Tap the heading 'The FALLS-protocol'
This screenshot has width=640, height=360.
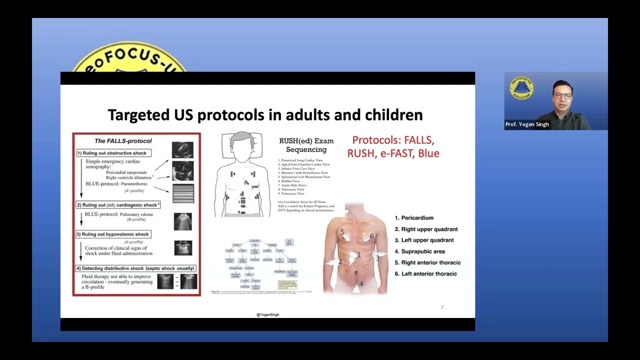pos(123,141)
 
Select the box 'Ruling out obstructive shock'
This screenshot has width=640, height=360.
pos(114,153)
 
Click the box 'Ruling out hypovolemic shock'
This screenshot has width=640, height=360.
pos(113,234)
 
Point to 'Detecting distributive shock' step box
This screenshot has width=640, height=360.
pos(135,268)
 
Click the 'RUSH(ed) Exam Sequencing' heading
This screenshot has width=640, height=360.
pos(306,145)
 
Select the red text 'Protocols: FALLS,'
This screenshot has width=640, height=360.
pos(393,140)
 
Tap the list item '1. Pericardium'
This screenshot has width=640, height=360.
pos(414,218)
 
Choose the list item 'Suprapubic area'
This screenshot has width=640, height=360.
pos(422,251)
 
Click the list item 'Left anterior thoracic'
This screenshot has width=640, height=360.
pos(428,274)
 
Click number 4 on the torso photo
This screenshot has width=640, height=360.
pos(361,284)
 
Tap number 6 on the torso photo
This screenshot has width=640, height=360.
pos(371,236)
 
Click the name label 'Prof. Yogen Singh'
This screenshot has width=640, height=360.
pos(527,124)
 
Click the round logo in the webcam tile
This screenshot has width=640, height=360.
pos(521,88)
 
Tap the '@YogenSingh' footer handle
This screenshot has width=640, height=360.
pos(267,314)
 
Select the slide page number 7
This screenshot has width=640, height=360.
pos(441,307)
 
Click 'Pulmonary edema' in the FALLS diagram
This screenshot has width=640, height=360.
pos(136,214)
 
